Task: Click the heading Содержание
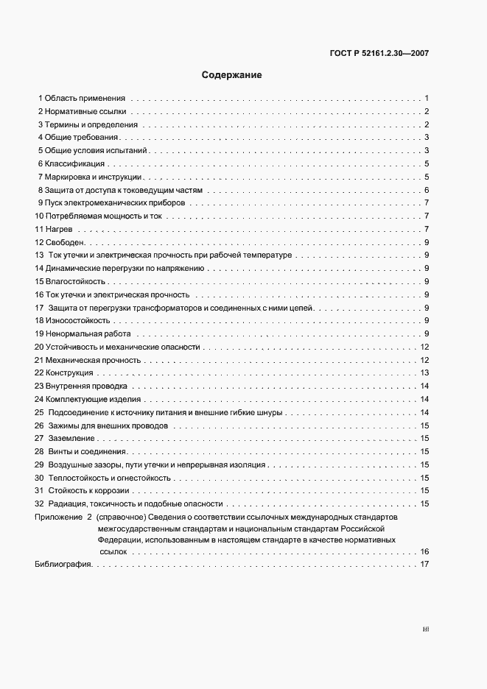(x=231, y=75)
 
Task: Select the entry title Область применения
(x=84, y=98)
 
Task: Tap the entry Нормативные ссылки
(x=85, y=111)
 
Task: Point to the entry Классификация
(x=74, y=163)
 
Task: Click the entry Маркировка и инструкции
(x=92, y=177)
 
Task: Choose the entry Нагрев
(x=58, y=230)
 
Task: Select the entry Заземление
(x=72, y=439)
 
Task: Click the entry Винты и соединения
(x=88, y=451)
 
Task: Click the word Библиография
(x=63, y=565)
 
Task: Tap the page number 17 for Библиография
(x=424, y=565)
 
